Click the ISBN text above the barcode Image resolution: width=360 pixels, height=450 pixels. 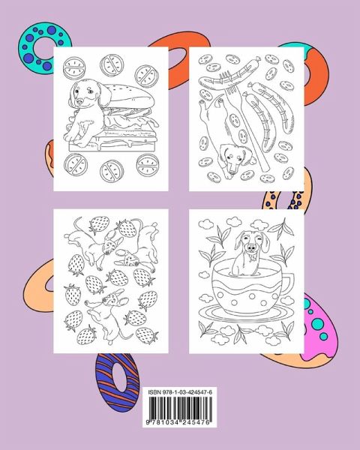click(x=180, y=392)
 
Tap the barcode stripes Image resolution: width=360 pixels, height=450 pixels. click(x=180, y=408)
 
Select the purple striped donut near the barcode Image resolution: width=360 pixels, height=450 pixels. click(x=117, y=382)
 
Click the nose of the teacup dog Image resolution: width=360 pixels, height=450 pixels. click(x=251, y=248)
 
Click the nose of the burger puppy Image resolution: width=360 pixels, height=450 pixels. click(x=80, y=101)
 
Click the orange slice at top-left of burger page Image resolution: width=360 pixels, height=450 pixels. click(x=74, y=68)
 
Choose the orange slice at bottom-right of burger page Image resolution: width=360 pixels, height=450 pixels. click(x=148, y=165)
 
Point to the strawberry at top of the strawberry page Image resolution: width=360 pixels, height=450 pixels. click(x=99, y=223)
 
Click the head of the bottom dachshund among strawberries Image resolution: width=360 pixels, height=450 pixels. click(x=112, y=299)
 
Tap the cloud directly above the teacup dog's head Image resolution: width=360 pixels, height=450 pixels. click(x=259, y=225)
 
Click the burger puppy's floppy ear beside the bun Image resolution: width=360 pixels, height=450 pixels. click(x=103, y=94)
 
